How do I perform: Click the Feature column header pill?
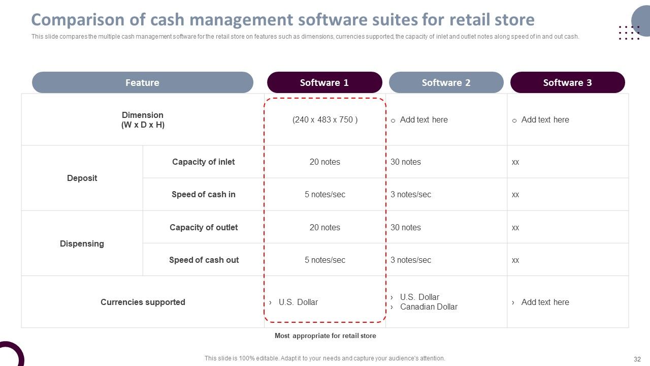tap(143, 82)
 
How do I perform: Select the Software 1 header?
tap(324, 82)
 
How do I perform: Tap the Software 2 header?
tap(446, 82)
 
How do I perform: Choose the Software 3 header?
tap(568, 82)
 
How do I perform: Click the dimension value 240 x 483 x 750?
tap(325, 119)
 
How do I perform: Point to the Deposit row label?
tap(82, 178)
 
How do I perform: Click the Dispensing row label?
tap(82, 243)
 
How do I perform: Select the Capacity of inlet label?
tap(204, 162)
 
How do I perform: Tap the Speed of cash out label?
tap(204, 260)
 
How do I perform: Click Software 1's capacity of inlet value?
tap(324, 162)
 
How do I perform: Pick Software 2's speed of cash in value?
tap(411, 194)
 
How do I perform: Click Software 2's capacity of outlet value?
tap(405, 227)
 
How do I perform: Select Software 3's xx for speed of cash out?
tap(515, 260)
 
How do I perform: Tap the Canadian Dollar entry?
tap(429, 307)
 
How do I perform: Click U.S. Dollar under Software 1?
tap(298, 302)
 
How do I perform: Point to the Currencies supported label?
tap(143, 302)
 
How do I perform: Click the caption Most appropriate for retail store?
tap(326, 336)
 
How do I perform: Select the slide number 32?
tap(637, 359)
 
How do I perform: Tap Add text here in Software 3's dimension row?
tap(545, 119)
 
